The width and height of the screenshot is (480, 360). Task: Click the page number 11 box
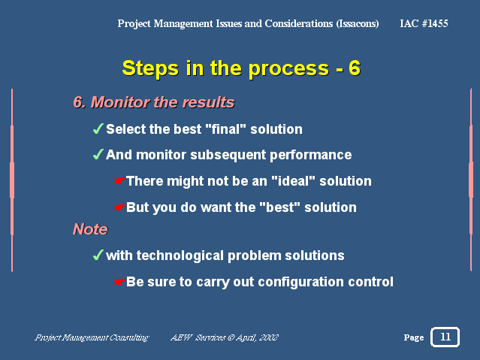(x=445, y=337)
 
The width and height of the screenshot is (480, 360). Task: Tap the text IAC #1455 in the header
(x=424, y=23)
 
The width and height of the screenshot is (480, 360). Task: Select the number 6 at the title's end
(x=355, y=68)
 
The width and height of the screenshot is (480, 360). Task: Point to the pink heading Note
(x=90, y=229)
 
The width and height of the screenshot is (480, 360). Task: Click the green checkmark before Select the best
(x=98, y=129)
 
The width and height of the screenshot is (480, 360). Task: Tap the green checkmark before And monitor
(x=98, y=154)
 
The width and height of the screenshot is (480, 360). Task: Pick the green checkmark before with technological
(x=98, y=255)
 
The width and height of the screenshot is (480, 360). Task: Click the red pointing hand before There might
(x=119, y=181)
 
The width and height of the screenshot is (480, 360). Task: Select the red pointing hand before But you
(x=119, y=207)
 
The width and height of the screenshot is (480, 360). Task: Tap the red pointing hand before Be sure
(x=119, y=282)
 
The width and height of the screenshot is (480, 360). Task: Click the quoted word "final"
(x=226, y=129)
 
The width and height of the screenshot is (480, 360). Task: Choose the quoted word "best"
(x=279, y=207)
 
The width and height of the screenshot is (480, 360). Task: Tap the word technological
(x=180, y=256)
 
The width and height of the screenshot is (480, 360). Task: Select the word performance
(x=311, y=155)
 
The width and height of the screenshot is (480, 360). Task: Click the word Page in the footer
(x=414, y=337)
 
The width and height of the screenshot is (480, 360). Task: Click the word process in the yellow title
(x=288, y=68)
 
